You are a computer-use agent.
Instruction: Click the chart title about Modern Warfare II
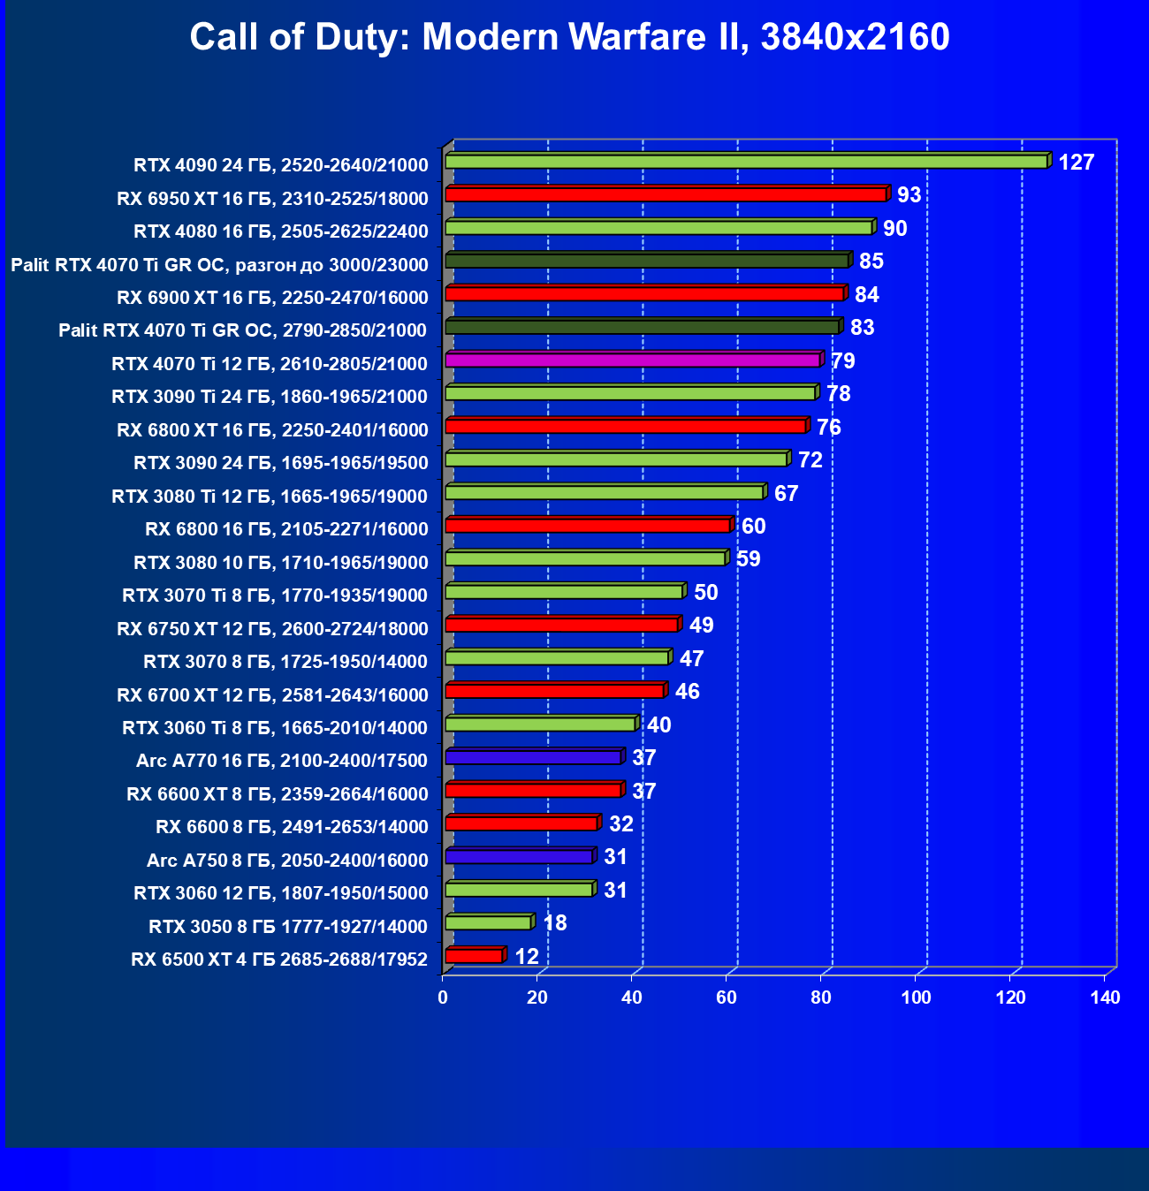[x=569, y=37]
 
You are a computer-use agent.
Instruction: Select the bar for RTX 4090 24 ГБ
[x=747, y=161]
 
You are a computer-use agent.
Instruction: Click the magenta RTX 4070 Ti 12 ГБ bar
[x=633, y=360]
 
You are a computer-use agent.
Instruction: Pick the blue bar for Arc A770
[x=533, y=757]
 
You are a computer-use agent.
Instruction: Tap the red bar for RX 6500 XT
[x=474, y=956]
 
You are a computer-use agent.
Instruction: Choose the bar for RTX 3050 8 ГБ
[x=488, y=922]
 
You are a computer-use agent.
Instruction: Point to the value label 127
[x=1076, y=163]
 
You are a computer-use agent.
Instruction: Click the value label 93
[x=909, y=195]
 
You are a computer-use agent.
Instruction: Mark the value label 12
[x=526, y=957]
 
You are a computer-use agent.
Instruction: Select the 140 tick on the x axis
[x=1105, y=998]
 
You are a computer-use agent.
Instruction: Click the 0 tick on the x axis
[x=443, y=998]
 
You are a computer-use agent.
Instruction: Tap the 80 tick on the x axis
[x=821, y=998]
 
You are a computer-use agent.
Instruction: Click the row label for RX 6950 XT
[x=272, y=198]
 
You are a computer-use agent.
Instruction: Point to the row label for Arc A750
[x=287, y=860]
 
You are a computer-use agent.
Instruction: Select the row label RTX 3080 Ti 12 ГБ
[x=270, y=496]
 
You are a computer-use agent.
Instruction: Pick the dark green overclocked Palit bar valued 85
[x=647, y=260]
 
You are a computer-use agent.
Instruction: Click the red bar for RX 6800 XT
[x=626, y=426]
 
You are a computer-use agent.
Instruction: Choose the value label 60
[x=753, y=527]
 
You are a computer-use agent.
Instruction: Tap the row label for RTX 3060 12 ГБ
[x=281, y=892]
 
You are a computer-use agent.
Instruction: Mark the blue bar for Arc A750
[x=519, y=856]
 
